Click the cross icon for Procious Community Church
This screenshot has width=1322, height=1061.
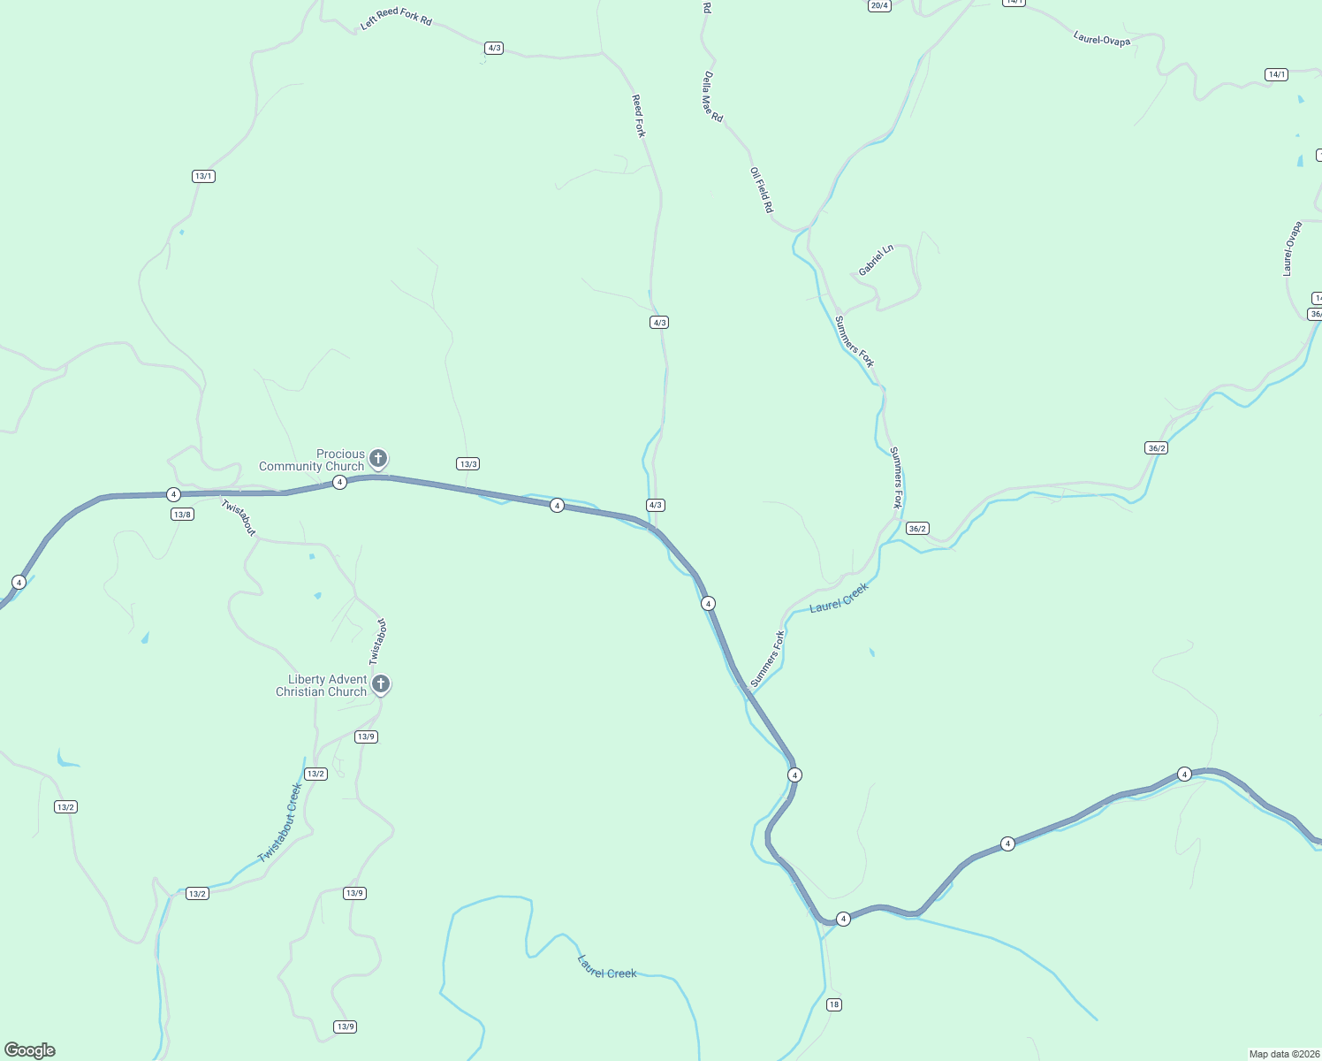pyautogui.click(x=378, y=458)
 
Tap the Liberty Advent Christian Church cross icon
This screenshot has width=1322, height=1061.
pyautogui.click(x=381, y=683)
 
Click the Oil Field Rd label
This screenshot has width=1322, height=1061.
pyautogui.click(x=761, y=190)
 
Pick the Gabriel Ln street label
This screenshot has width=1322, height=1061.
pyautogui.click(x=876, y=260)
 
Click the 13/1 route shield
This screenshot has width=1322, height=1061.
pyautogui.click(x=203, y=176)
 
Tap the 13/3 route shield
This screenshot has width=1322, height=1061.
pyautogui.click(x=467, y=464)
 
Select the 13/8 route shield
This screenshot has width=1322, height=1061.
pyautogui.click(x=182, y=514)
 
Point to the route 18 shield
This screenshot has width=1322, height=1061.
pyautogui.click(x=834, y=1004)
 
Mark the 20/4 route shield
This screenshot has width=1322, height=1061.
pyautogui.click(x=878, y=5)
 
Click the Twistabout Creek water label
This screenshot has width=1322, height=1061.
pyautogui.click(x=280, y=822)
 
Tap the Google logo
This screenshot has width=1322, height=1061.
pyautogui.click(x=30, y=1050)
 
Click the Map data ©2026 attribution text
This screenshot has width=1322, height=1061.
pyautogui.click(x=1283, y=1054)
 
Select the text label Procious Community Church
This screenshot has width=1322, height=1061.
pyautogui.click(x=312, y=460)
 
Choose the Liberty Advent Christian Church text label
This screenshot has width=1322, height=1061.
pyautogui.click(x=322, y=685)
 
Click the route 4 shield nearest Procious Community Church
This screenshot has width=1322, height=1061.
pyautogui.click(x=339, y=482)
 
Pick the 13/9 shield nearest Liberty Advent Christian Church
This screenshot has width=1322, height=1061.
pyautogui.click(x=366, y=737)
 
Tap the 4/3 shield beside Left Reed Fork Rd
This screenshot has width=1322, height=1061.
pyautogui.click(x=494, y=48)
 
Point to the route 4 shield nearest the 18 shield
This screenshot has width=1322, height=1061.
pyautogui.click(x=843, y=919)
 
